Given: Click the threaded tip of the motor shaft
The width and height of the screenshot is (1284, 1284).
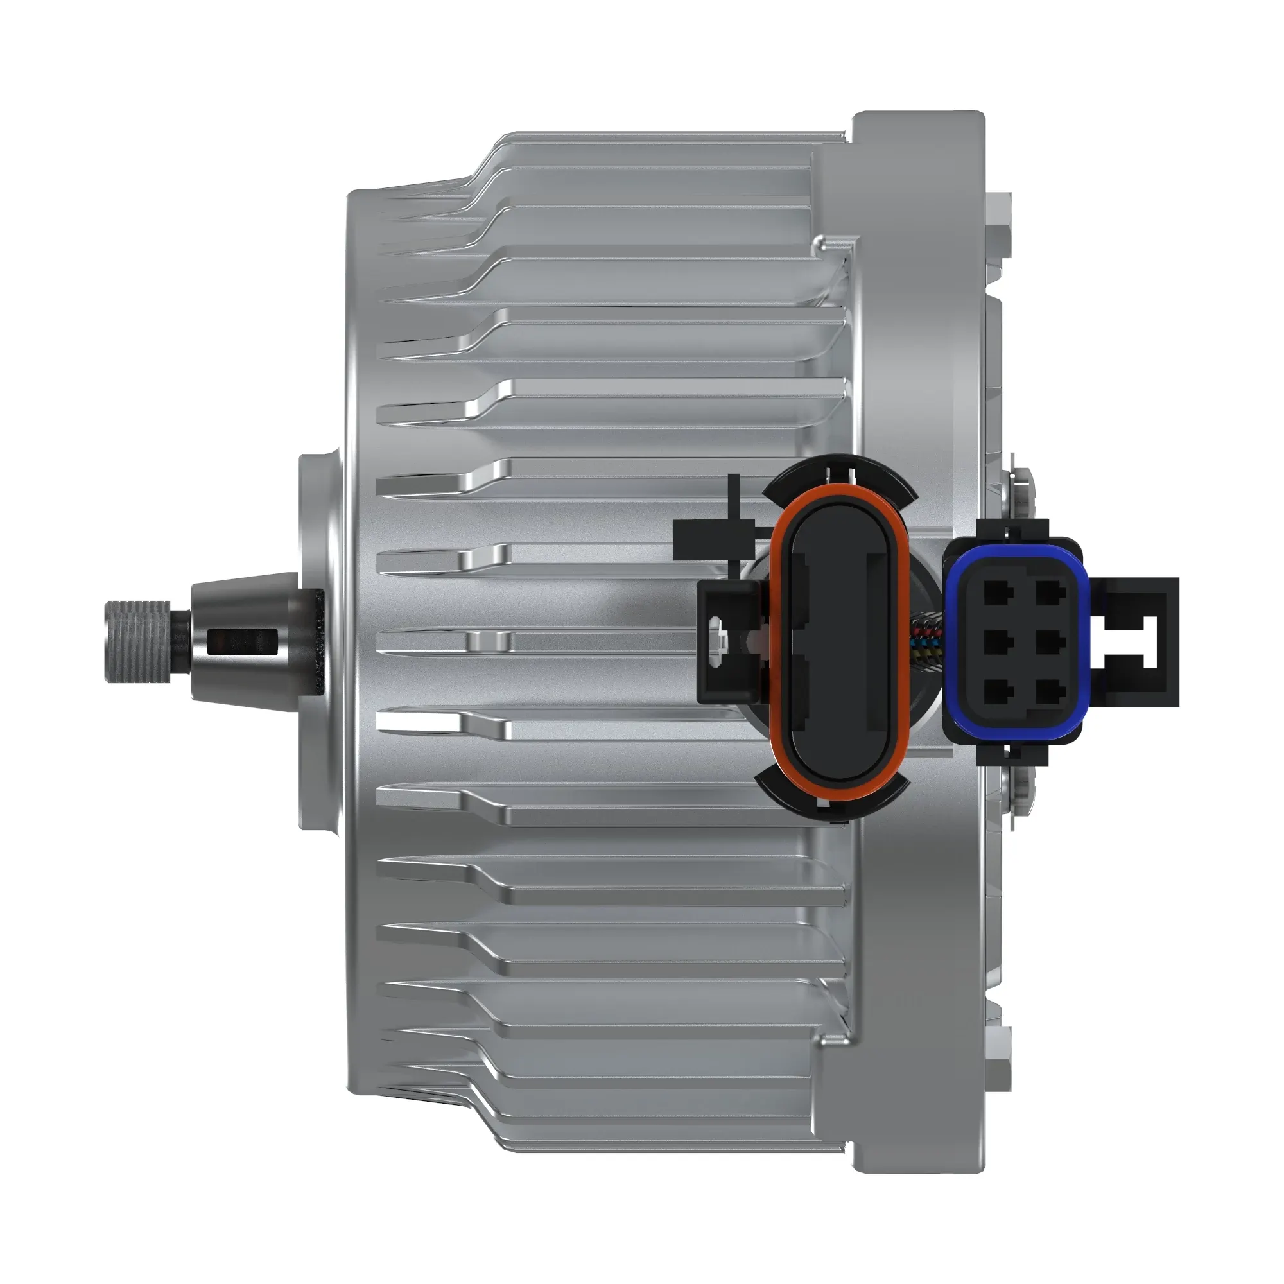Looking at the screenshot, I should click(137, 641).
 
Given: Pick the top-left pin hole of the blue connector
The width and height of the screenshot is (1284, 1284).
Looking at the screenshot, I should click(994, 591).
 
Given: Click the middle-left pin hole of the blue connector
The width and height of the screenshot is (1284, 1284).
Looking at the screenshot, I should click(994, 642).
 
